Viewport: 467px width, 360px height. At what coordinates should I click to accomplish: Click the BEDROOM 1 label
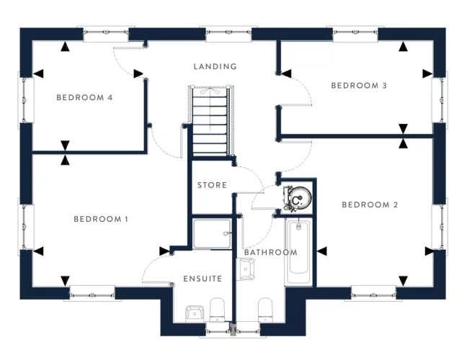pos(101,218)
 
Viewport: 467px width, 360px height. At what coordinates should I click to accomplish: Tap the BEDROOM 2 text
pos(370,205)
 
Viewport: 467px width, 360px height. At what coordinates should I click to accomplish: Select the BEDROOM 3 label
pos(359,86)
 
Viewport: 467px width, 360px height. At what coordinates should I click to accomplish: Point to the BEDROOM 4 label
pos(84,98)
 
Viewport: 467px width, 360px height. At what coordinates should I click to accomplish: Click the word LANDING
pos(215,67)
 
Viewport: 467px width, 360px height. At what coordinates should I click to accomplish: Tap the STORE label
pos(212,185)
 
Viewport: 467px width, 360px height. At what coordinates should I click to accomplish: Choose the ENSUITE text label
pos(203,279)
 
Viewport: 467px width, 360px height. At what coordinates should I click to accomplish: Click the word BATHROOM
pos(270,252)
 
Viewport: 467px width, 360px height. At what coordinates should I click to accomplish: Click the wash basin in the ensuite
pos(194,312)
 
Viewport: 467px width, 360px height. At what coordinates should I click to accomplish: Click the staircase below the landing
pos(210,120)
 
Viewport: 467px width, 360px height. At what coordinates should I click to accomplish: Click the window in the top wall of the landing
pos(229,33)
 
